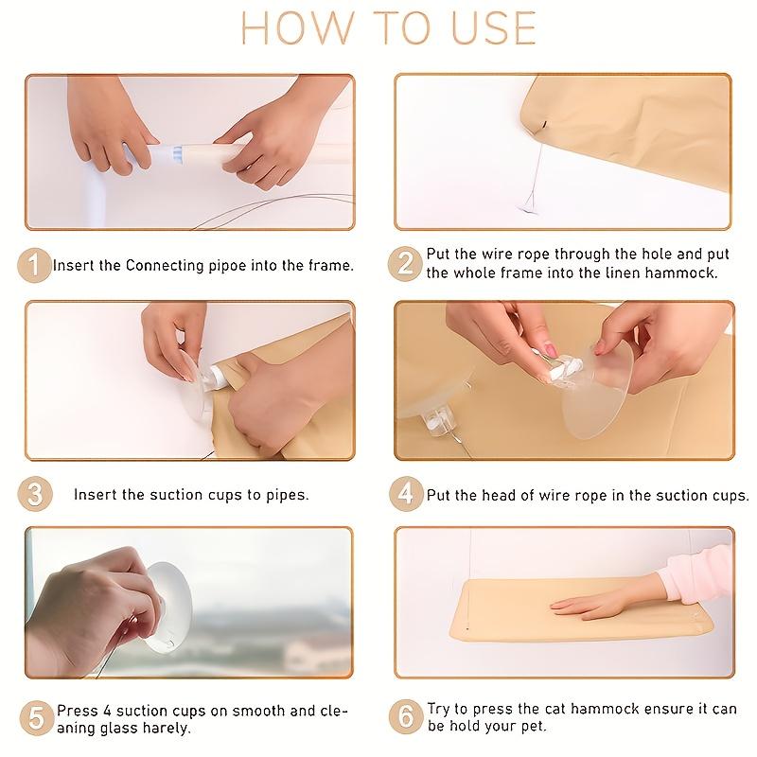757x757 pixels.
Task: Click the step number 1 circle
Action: pyautogui.click(x=34, y=265)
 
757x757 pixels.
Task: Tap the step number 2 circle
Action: pyautogui.click(x=405, y=264)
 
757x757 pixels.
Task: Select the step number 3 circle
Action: pyautogui.click(x=35, y=494)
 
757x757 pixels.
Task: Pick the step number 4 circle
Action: pyautogui.click(x=406, y=494)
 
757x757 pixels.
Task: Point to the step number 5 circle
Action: pyautogui.click(x=37, y=718)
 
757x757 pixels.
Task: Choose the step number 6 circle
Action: pyautogui.click(x=406, y=717)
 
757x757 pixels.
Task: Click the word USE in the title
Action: pyautogui.click(x=493, y=28)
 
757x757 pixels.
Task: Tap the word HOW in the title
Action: pyautogui.click(x=297, y=28)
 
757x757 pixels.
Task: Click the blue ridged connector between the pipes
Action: pyautogui.click(x=177, y=154)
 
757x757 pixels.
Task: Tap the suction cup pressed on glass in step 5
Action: pyautogui.click(x=168, y=607)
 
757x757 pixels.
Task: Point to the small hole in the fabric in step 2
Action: pyautogui.click(x=544, y=125)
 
